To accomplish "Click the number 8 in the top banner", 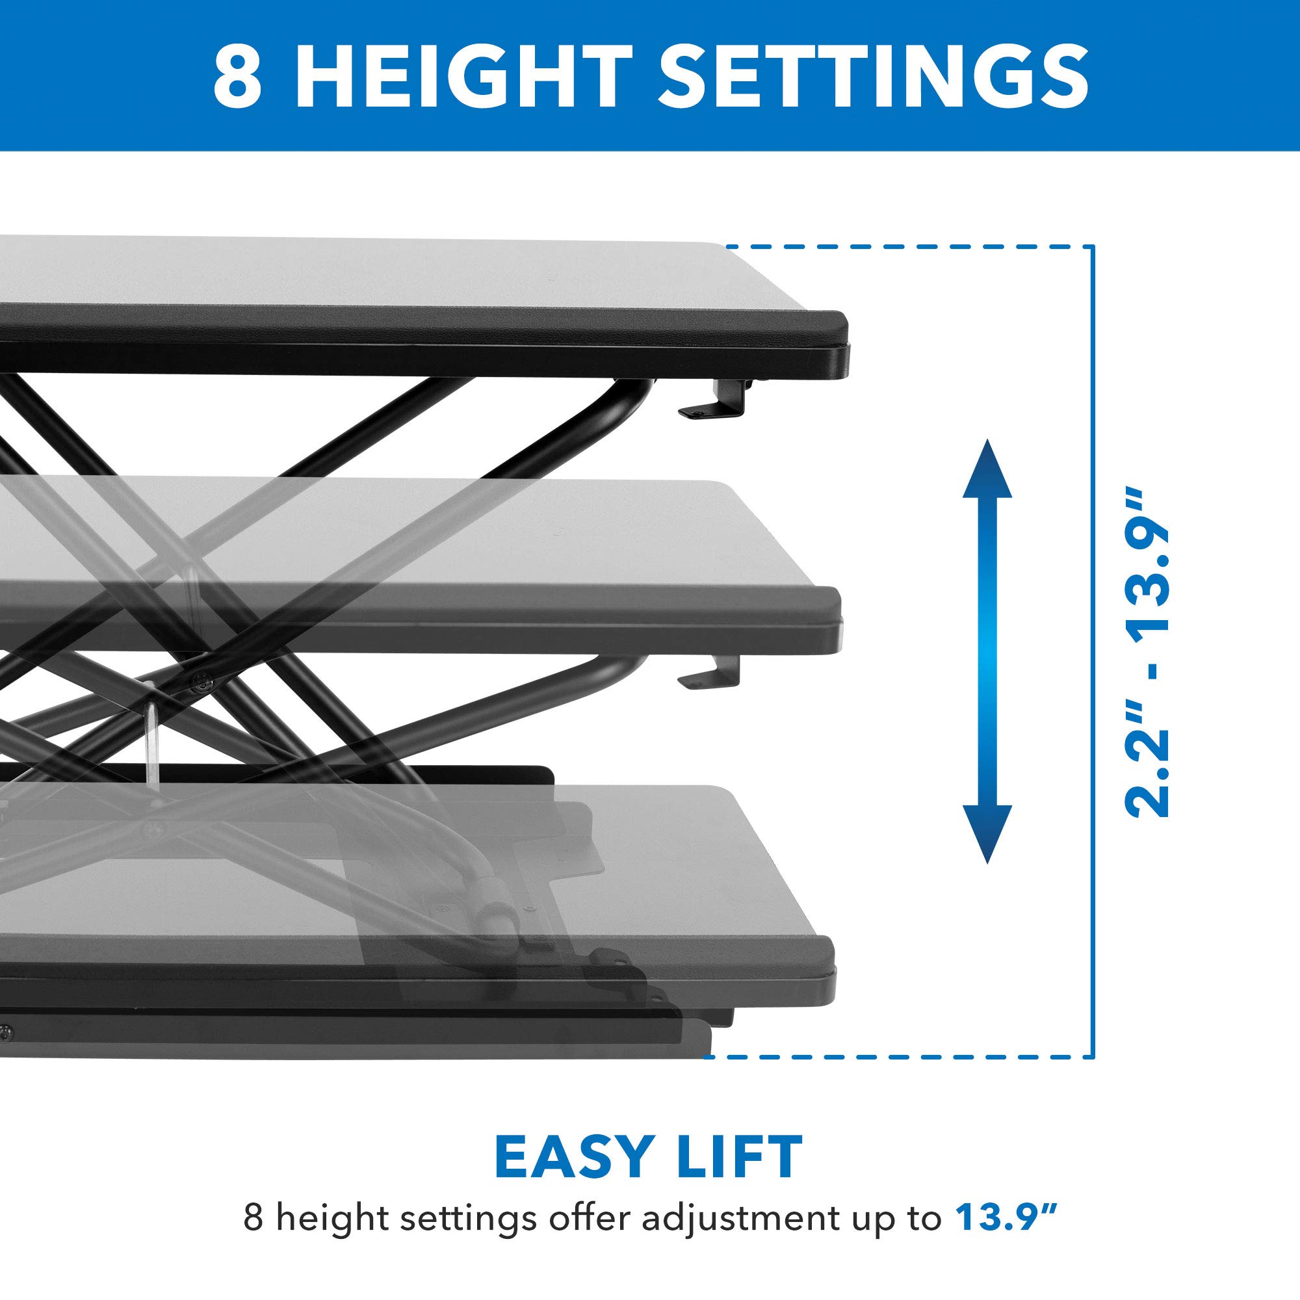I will [237, 77].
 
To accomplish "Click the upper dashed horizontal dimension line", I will [909, 247].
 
